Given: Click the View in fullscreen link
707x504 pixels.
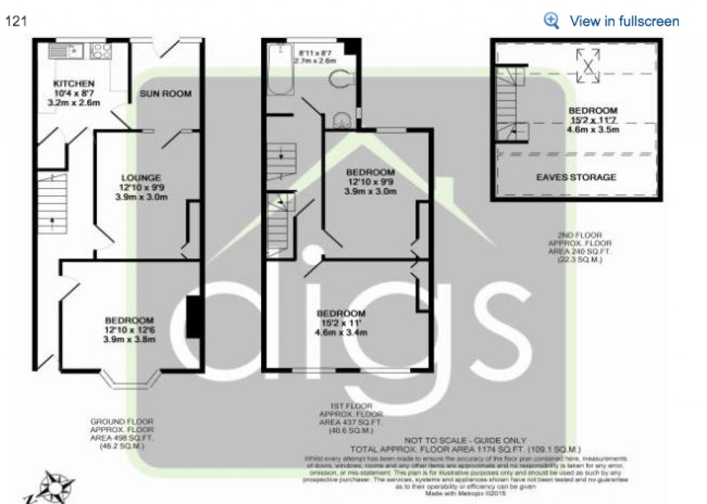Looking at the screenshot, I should (x=623, y=21).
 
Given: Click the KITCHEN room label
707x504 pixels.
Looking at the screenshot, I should (x=74, y=84).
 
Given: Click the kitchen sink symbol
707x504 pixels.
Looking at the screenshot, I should (x=66, y=50).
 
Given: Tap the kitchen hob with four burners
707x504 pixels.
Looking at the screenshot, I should (x=101, y=50).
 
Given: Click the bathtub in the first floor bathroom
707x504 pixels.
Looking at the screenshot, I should (x=280, y=70).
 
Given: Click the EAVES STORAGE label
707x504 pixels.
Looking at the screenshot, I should (x=576, y=177).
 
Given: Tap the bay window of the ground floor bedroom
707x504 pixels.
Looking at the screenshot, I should (x=130, y=378).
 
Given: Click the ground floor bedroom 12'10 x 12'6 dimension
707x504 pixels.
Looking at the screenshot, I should (x=129, y=330).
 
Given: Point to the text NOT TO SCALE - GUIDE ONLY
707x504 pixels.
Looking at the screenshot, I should (x=465, y=440).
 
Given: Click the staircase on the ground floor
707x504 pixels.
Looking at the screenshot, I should (x=52, y=204).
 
